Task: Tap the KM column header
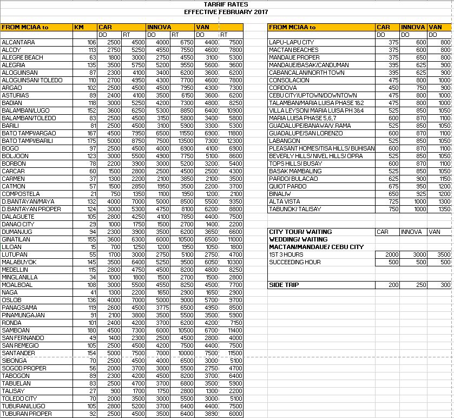pyautogui.click(x=79, y=27)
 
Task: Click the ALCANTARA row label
pyautogui.click(x=18, y=42)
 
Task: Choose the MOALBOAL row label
pyautogui.click(x=17, y=285)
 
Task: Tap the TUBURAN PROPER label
pyautogui.click(x=27, y=414)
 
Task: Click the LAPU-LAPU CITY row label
pyautogui.click(x=291, y=42)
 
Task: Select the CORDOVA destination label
pyautogui.click(x=283, y=88)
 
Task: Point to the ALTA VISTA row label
pyautogui.click(x=285, y=201)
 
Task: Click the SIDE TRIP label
pyautogui.click(x=284, y=285)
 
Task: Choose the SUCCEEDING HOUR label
pyautogui.click(x=295, y=262)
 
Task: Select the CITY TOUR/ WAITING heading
pyautogui.click(x=300, y=232)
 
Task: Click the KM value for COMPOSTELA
pyautogui.click(x=93, y=194)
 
